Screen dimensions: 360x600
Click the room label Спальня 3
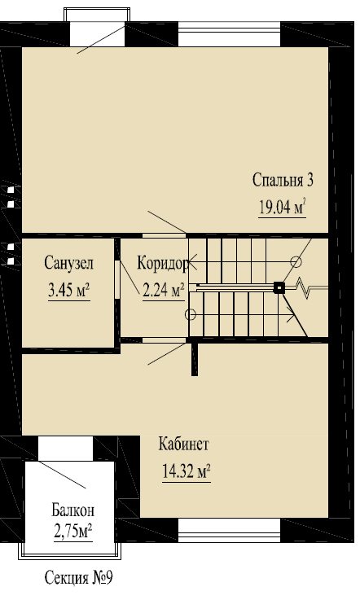point(283,180)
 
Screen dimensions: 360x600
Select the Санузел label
point(69,263)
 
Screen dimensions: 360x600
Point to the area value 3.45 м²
point(69,291)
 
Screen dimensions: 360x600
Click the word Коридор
point(162,263)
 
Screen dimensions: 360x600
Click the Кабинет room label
point(184,445)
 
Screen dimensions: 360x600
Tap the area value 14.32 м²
point(187,471)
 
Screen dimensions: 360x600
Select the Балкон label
point(72,510)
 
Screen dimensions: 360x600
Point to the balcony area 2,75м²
point(72,532)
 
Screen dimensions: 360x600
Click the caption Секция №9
point(79,578)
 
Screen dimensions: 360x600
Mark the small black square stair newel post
point(279,287)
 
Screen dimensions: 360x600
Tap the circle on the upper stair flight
point(296,261)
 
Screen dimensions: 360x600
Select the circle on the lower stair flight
point(191,314)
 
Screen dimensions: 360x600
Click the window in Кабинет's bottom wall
point(230,531)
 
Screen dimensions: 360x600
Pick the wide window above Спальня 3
point(230,34)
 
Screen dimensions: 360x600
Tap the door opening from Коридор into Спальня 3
point(165,235)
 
